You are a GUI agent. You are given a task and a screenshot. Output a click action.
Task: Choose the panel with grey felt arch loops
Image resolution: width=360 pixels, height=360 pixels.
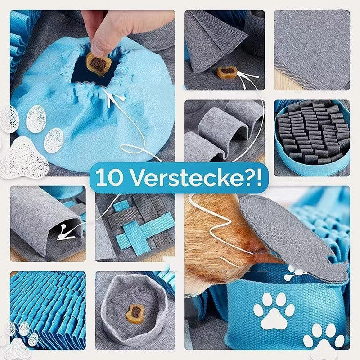[x=224, y=130]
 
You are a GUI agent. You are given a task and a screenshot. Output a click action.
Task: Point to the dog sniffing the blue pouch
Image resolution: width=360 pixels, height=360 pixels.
[x=216, y=243]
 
